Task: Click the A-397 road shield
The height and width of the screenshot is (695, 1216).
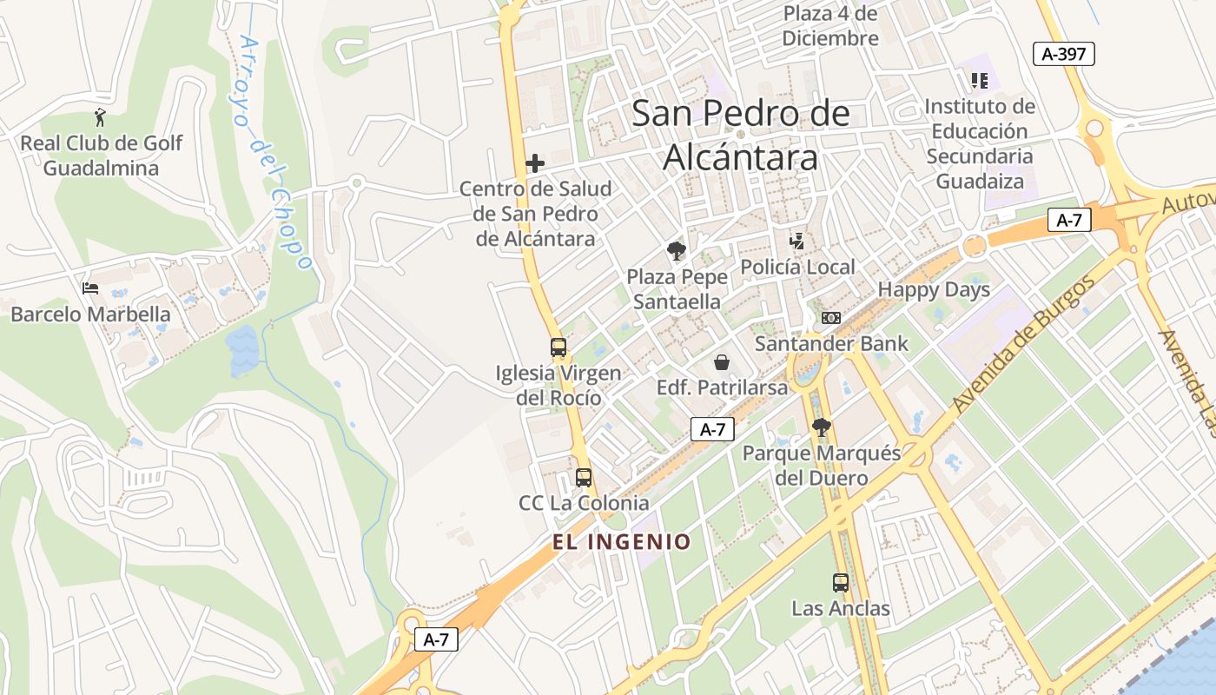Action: point(1064,54)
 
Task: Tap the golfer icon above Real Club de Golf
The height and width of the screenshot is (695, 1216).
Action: point(101,117)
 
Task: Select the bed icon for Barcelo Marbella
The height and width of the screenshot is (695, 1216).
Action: point(89,288)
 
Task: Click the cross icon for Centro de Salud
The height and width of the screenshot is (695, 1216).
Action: point(535,162)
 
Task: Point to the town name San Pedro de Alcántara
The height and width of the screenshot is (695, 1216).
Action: point(741,136)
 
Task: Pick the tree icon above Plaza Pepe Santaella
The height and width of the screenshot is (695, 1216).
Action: point(676,252)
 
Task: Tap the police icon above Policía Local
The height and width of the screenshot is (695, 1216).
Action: point(796,241)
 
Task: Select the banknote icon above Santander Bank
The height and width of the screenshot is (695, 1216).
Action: point(831,318)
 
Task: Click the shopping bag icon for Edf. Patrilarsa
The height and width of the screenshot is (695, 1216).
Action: point(721,361)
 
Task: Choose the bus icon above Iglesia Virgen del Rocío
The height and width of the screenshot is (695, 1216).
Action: point(558,347)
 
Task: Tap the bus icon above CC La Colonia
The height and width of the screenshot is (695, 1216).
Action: point(584,477)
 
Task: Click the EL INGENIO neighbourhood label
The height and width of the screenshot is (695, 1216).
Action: point(622,542)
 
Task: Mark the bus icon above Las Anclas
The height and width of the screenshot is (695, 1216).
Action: point(841,583)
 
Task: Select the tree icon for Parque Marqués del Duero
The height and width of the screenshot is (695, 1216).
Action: point(821,427)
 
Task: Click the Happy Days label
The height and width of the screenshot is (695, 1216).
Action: point(934,290)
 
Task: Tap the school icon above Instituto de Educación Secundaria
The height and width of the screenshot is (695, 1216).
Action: point(980,81)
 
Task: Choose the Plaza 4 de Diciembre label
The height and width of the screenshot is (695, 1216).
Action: point(830,26)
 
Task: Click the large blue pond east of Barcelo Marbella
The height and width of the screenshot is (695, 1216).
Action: point(243,350)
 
